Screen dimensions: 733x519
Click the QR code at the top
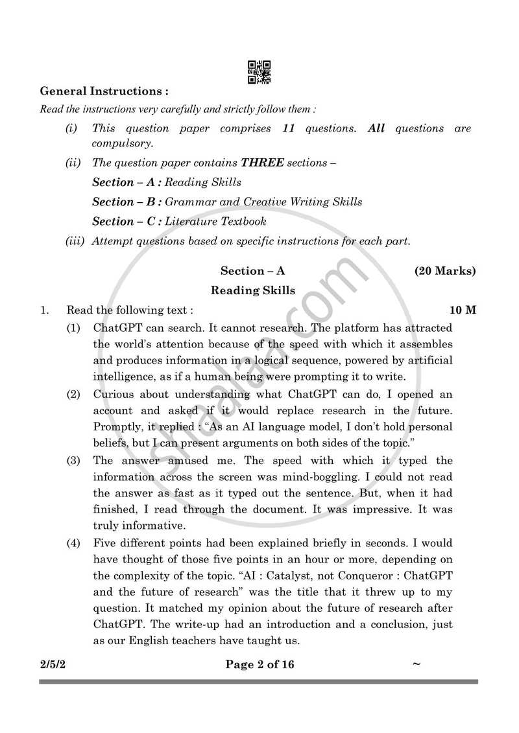259,72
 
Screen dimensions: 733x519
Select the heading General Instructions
104,91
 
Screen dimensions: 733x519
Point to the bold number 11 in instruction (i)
289,128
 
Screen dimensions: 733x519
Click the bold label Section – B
127,202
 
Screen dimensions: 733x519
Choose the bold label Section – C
127,221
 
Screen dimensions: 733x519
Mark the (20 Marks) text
445,271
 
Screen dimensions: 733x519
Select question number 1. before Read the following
44,310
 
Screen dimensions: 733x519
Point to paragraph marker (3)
73,461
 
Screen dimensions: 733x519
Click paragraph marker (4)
73,542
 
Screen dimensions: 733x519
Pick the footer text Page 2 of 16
259,664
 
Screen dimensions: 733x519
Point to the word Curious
115,394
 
